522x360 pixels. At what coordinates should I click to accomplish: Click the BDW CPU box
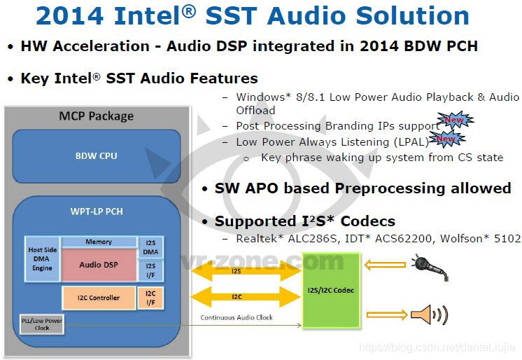click(97, 155)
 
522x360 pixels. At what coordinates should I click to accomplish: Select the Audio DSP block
click(98, 265)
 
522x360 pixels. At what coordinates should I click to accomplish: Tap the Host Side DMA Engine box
click(42, 258)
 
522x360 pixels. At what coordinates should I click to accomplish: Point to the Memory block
click(99, 242)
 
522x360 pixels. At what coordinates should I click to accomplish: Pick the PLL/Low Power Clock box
click(42, 325)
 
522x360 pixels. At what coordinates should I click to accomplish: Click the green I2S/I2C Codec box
click(330, 290)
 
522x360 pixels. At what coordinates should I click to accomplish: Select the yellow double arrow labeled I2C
click(236, 298)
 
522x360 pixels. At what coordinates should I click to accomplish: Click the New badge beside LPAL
click(446, 140)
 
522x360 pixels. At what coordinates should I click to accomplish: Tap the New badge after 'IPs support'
click(455, 121)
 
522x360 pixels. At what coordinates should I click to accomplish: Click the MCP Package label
click(97, 116)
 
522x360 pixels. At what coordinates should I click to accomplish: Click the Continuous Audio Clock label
click(237, 318)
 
